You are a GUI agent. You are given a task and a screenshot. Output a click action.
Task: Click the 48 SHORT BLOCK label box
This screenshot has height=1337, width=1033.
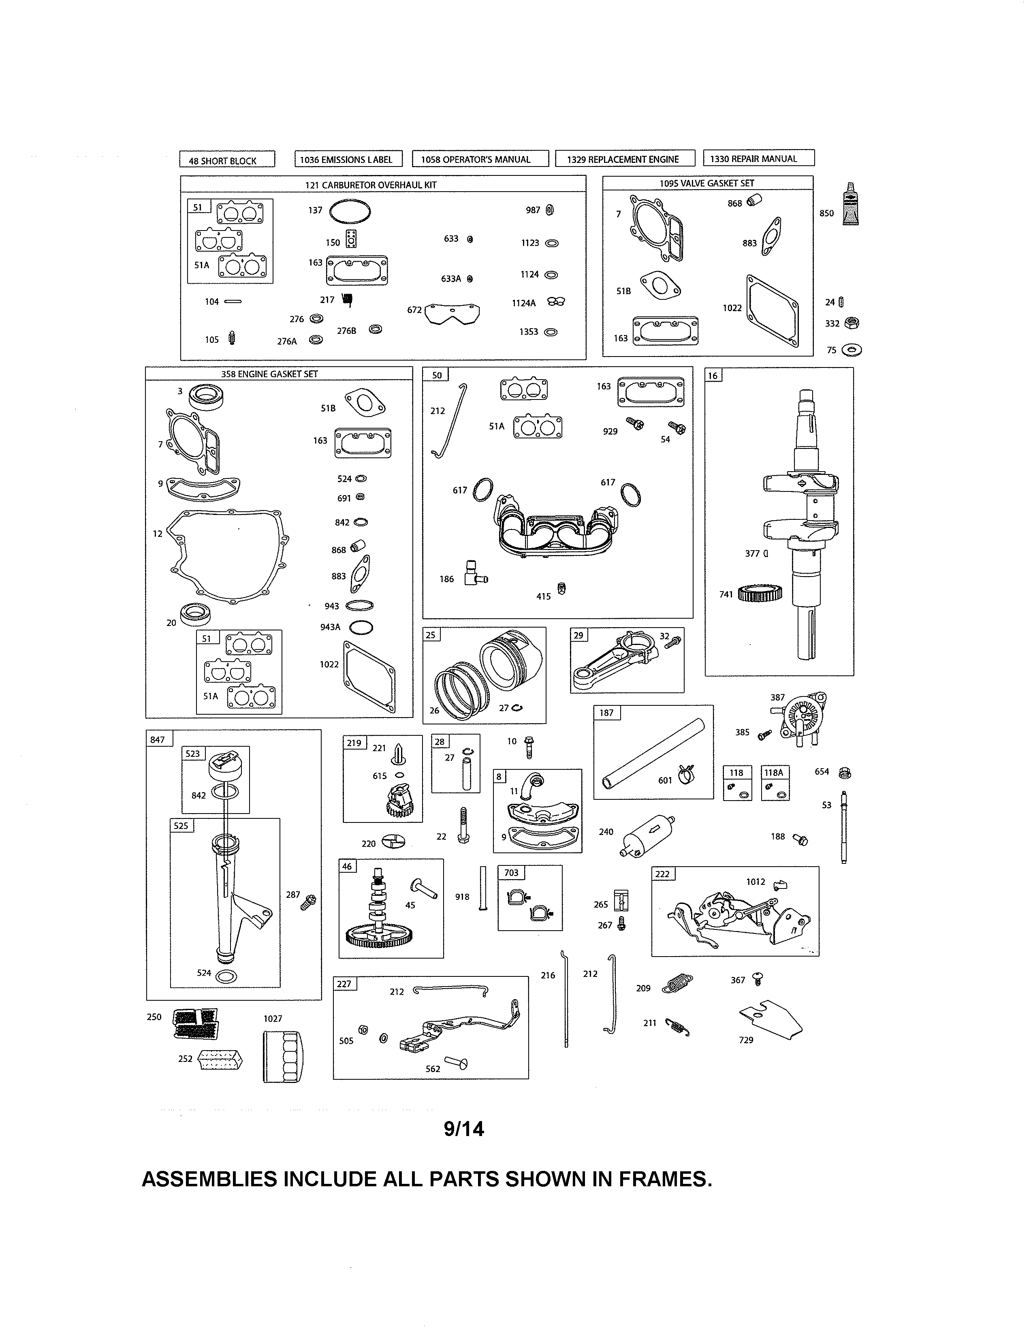227,160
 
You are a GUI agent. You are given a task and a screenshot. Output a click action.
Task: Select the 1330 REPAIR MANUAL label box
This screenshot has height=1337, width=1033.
758,158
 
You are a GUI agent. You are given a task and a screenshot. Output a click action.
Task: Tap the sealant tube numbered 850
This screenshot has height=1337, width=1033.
850,205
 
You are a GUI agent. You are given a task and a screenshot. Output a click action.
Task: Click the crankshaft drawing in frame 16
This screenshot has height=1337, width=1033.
802,520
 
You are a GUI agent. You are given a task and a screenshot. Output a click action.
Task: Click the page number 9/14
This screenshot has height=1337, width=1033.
464,1129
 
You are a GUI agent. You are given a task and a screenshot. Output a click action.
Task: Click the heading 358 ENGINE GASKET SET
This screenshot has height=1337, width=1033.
269,374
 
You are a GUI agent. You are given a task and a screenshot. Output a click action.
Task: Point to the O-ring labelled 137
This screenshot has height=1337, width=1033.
350,212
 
